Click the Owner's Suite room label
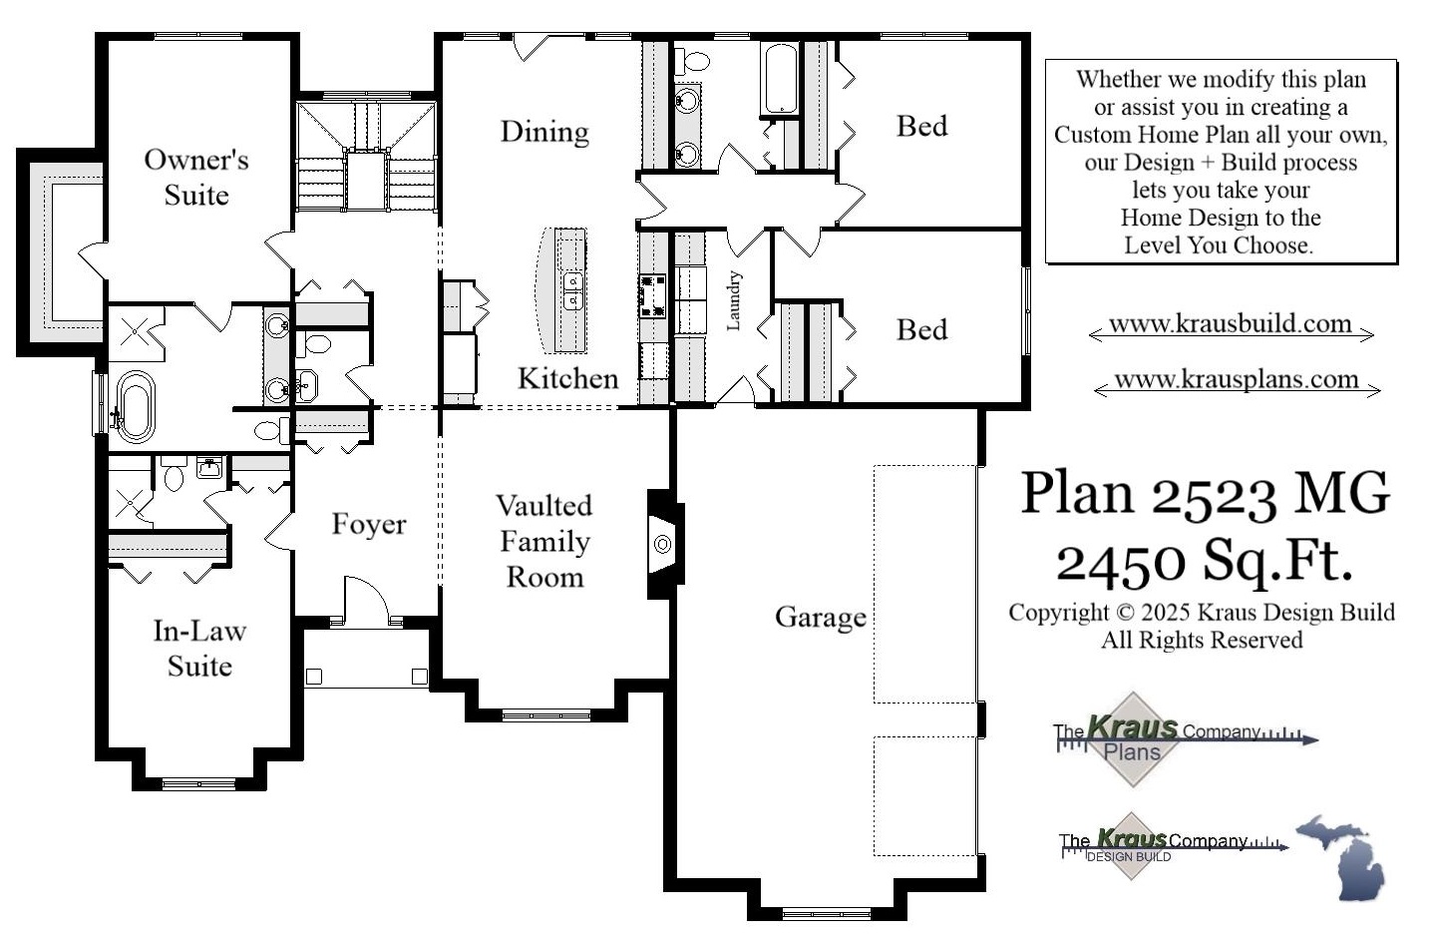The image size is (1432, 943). [x=196, y=177]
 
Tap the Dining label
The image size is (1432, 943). [x=544, y=132]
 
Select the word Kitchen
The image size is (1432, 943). [x=567, y=378]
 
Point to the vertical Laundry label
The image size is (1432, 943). [x=734, y=300]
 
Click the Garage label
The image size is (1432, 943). [x=820, y=617]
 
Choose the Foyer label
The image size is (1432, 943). [x=368, y=524]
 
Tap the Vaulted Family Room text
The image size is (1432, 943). [x=544, y=541]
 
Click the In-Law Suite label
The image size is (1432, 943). [x=199, y=648]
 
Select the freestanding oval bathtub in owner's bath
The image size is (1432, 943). [x=135, y=406]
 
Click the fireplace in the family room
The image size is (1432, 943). [x=662, y=544]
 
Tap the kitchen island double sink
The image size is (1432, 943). [x=572, y=288]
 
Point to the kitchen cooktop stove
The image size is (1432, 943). [x=652, y=295]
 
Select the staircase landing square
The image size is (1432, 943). [x=366, y=180]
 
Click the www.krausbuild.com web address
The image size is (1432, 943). [x=1230, y=323]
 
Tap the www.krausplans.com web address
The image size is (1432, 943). [x=1236, y=379]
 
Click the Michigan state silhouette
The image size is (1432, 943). [x=1345, y=856]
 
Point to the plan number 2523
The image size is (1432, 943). [x=1214, y=493]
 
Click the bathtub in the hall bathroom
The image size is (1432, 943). [x=778, y=78]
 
